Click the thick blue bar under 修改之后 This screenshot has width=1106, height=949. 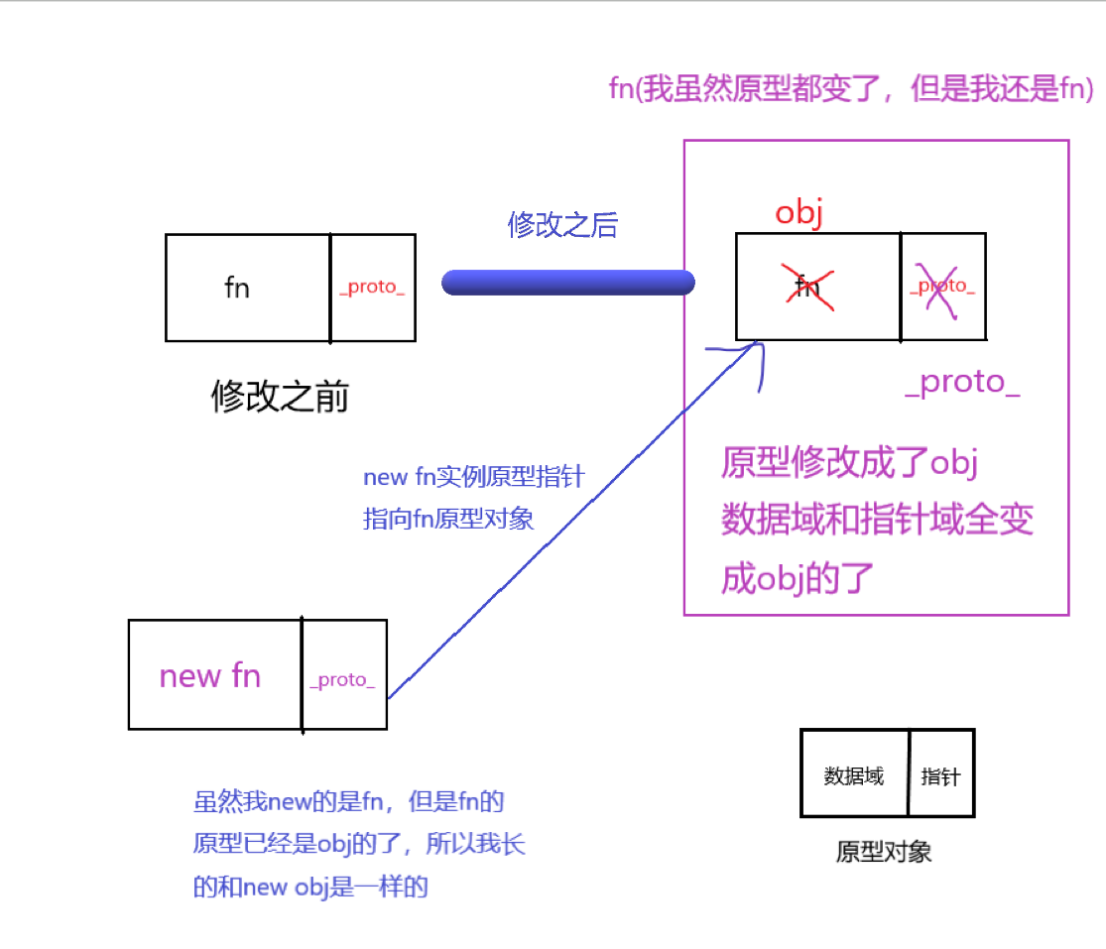point(567,283)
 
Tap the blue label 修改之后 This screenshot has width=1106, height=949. point(562,225)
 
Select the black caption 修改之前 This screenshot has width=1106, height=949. point(280,398)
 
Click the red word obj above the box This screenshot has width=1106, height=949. point(799,213)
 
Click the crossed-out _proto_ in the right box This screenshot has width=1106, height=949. point(941,287)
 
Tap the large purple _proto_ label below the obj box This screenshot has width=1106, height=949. point(962,383)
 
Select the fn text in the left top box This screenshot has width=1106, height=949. point(237,288)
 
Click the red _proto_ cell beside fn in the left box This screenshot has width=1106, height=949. point(372,288)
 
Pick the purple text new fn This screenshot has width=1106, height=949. point(210,676)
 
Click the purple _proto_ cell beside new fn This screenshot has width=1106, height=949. point(342,681)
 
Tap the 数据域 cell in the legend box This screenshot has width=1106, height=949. point(853,776)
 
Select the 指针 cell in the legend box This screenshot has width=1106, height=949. point(940,776)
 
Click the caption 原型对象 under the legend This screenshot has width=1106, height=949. point(884,852)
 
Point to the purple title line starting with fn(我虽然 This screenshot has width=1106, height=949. point(851,90)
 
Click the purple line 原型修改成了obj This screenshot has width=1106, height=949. point(850,462)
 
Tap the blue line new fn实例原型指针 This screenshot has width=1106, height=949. point(474,477)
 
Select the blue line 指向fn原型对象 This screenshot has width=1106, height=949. point(448,518)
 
